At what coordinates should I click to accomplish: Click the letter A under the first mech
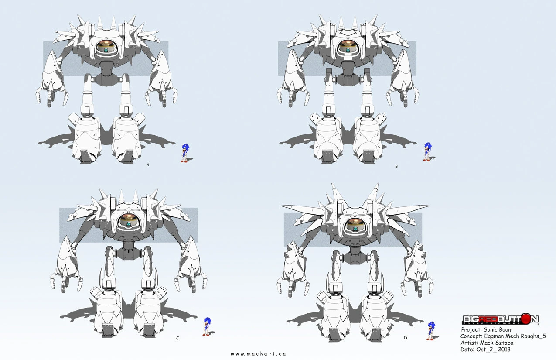pyautogui.click(x=148, y=165)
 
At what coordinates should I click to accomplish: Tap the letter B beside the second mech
pyautogui.click(x=396, y=166)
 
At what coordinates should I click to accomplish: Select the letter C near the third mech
pyautogui.click(x=177, y=338)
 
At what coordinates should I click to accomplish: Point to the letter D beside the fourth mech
pyautogui.click(x=406, y=338)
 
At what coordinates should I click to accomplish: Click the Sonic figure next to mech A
pyautogui.click(x=185, y=153)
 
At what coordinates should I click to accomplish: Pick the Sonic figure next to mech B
pyautogui.click(x=428, y=151)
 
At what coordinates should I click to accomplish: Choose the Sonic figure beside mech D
pyautogui.click(x=432, y=331)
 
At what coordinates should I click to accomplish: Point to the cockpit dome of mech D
pyautogui.click(x=356, y=225)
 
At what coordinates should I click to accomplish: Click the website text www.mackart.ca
pyautogui.click(x=258, y=354)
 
